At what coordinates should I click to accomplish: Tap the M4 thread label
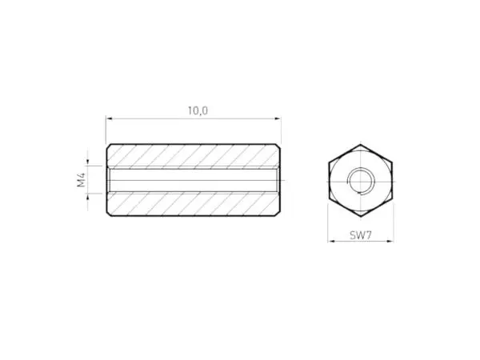(x=82, y=180)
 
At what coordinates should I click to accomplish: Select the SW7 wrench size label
(x=361, y=235)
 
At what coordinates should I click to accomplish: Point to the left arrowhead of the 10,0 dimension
(x=109, y=118)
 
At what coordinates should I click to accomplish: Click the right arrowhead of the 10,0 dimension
(x=278, y=118)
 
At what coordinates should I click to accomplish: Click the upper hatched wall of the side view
(x=192, y=156)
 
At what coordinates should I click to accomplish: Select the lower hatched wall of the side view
(x=192, y=204)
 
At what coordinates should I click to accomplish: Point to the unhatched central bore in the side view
(x=192, y=180)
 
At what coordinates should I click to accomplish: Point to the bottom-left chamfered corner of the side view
(x=109, y=214)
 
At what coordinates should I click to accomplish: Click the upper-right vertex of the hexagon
(x=392, y=163)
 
